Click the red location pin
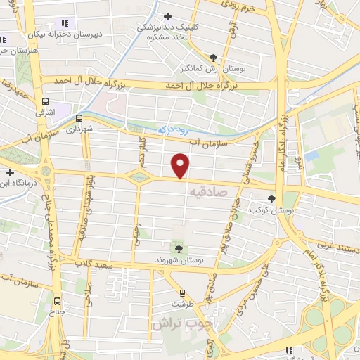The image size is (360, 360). [181, 166]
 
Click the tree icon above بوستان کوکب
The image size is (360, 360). [272, 199]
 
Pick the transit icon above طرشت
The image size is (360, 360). [182, 292]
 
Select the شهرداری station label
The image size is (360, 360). [79, 130]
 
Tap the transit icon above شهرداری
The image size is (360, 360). [79, 118]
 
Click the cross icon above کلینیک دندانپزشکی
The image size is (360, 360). [167, 16]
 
